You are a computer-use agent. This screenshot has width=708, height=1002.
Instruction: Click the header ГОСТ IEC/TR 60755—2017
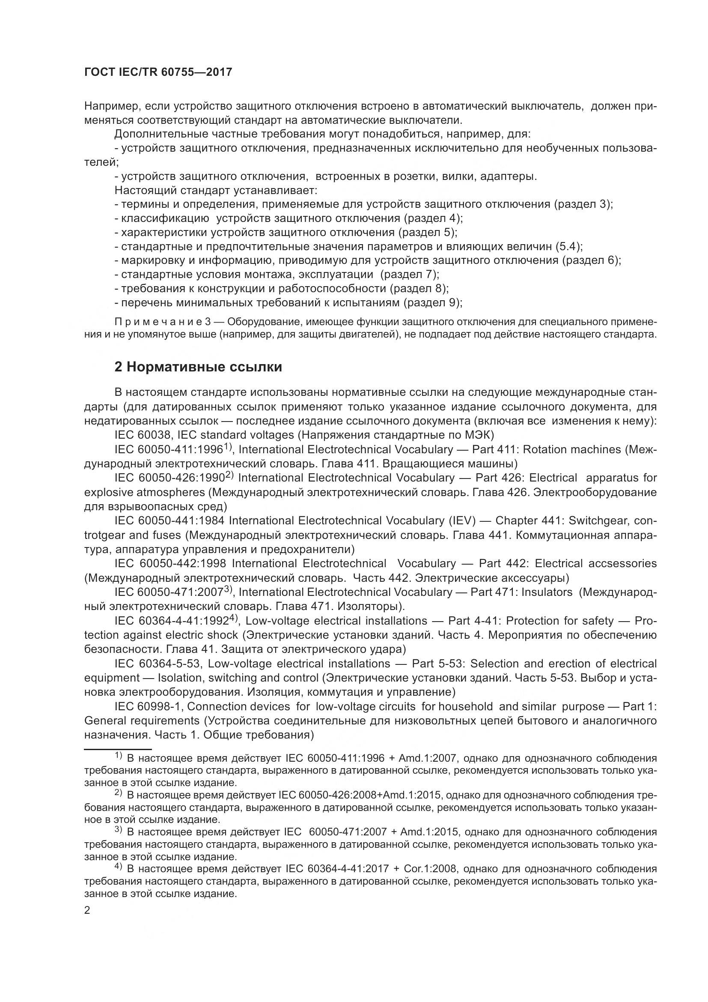click(158, 72)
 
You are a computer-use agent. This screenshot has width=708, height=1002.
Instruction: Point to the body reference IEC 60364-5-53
click(158, 664)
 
